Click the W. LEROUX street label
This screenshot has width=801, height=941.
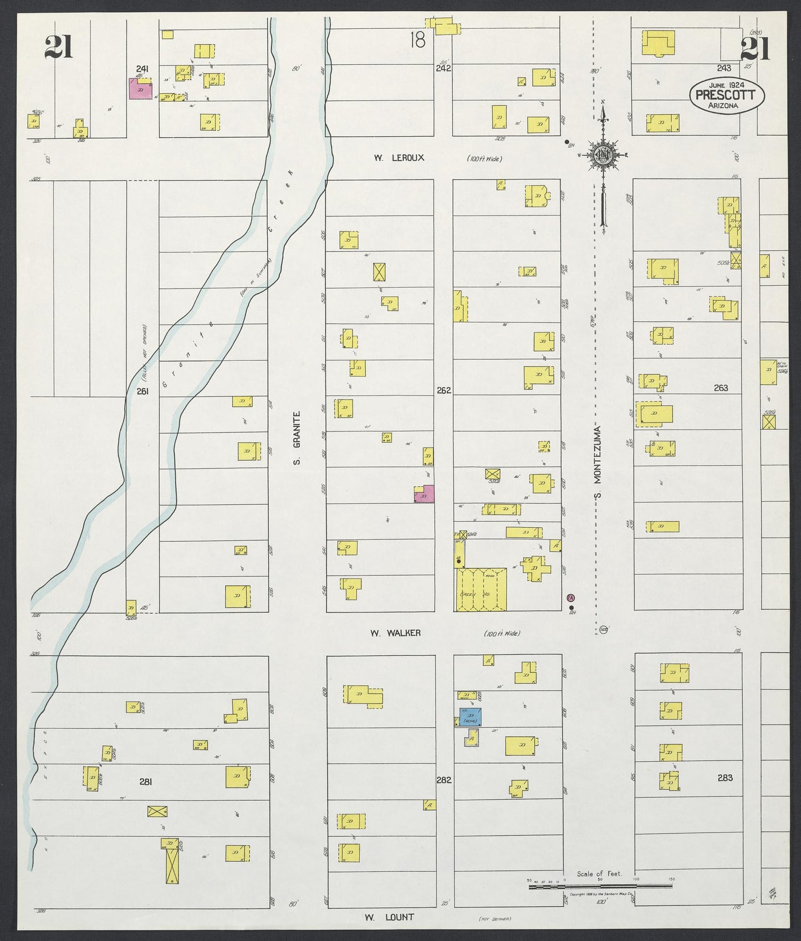tap(399, 158)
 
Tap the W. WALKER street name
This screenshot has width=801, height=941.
tap(395, 633)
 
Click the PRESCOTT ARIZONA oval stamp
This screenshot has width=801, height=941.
tap(727, 95)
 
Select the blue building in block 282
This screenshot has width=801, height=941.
tap(470, 717)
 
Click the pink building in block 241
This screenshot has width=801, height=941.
tap(140, 89)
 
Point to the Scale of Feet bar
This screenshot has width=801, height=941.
tap(600, 886)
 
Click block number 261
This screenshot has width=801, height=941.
tap(143, 390)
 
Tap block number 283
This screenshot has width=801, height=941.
tap(725, 778)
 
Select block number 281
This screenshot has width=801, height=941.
tap(145, 781)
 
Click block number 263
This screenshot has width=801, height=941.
tap(721, 388)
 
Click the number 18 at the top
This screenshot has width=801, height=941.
tap(418, 40)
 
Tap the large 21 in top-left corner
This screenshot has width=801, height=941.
tap(59, 47)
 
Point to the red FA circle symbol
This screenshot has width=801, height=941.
tap(571, 598)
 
